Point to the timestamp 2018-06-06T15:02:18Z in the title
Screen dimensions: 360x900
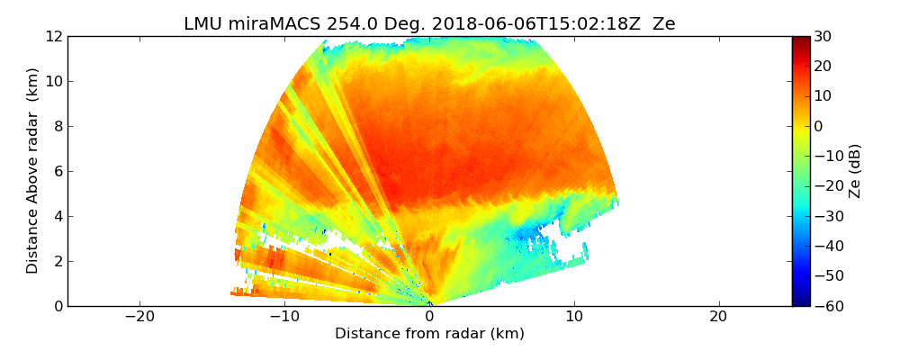coord(505,24)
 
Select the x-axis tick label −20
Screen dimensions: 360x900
coord(139,317)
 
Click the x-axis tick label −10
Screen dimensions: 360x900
coord(284,317)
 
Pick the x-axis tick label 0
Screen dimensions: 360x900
coord(429,317)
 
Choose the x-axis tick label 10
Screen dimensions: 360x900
coord(574,317)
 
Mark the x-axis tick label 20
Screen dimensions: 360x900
coord(718,317)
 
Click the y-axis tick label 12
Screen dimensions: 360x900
coord(54,37)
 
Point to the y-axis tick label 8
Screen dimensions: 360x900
coord(58,127)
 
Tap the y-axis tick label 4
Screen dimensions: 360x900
coord(58,217)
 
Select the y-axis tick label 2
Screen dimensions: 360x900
coord(58,262)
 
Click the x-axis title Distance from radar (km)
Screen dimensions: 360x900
coord(429,334)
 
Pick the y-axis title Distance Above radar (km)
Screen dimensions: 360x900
coord(32,171)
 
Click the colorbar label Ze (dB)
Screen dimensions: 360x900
coord(855,171)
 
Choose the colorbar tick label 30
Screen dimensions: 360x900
coord(823,37)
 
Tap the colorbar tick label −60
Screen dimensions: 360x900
coord(826,306)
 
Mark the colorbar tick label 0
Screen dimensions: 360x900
coord(819,127)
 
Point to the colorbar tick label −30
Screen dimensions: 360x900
coord(826,216)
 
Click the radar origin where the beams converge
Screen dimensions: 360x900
coord(430,304)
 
